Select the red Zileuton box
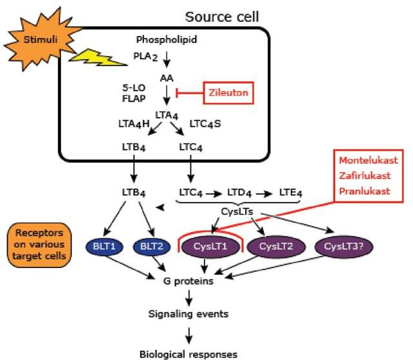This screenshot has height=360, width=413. point(227,93)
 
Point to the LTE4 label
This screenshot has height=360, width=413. point(291,192)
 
